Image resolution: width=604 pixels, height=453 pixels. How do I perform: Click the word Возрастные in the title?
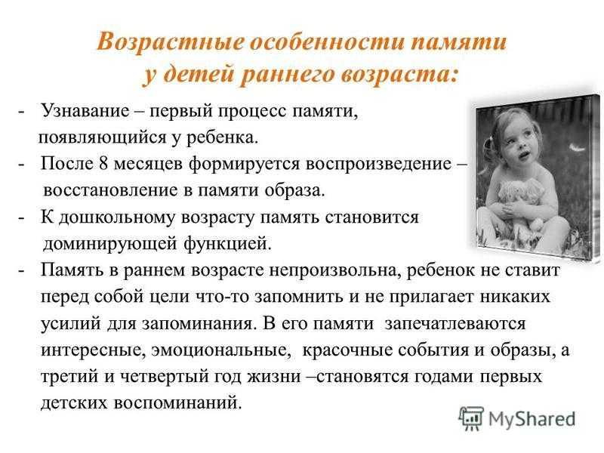tap(170, 42)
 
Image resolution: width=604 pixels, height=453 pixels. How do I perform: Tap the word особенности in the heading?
tap(327, 42)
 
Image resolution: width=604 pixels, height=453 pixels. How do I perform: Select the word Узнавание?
tap(85, 111)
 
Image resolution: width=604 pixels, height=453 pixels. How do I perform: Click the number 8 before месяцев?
tap(103, 164)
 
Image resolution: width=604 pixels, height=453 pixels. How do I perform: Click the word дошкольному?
tap(118, 218)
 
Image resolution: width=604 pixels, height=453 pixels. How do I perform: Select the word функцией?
tap(228, 243)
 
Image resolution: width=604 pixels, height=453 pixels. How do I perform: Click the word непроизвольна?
tap(332, 271)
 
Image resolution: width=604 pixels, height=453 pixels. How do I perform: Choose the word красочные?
tap(347, 350)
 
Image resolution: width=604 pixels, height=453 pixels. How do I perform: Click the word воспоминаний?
tap(177, 403)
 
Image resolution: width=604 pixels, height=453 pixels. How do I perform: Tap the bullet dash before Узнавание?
tap(21, 112)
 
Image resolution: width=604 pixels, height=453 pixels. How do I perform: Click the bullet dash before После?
tap(21, 165)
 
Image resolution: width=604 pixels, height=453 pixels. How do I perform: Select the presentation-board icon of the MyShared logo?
tap(471, 418)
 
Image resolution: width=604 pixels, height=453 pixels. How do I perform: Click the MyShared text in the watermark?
tap(532, 419)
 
